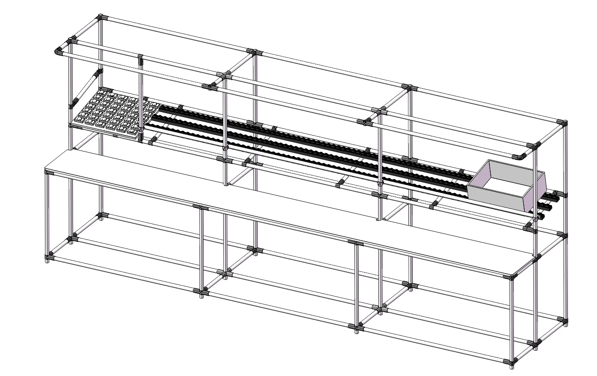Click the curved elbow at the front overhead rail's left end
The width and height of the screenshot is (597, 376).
pyautogui.click(x=58, y=52)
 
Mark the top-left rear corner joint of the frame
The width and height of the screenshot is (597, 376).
pyautogui.click(x=101, y=18)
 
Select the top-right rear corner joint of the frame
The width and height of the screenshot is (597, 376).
pyautogui.click(x=562, y=123)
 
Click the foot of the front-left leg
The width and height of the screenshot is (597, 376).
pyautogui.click(x=47, y=261)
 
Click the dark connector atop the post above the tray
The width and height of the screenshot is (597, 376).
pyautogui.click(x=140, y=59)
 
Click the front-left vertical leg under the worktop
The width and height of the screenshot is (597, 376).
pyautogui.click(x=47, y=214)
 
